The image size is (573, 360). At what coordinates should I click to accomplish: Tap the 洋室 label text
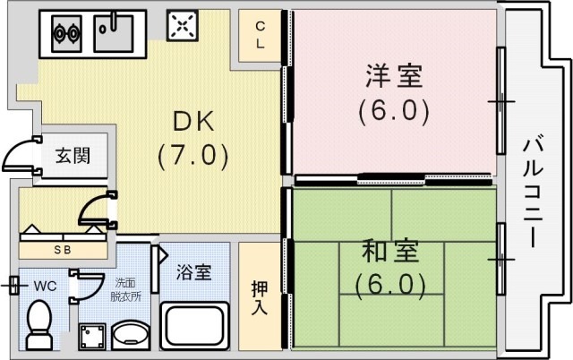pos(393,77)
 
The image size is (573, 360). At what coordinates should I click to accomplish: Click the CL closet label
pos(260,33)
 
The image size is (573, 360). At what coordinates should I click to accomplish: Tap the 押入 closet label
pos(259,299)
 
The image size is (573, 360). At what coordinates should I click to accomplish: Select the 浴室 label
pos(192,271)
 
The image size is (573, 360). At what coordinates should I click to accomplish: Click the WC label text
pos(45,287)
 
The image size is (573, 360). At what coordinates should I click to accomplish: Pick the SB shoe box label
pos(63,250)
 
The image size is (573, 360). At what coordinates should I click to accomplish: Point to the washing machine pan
pos(92,337)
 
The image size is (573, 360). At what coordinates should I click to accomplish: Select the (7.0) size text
pos(192,154)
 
